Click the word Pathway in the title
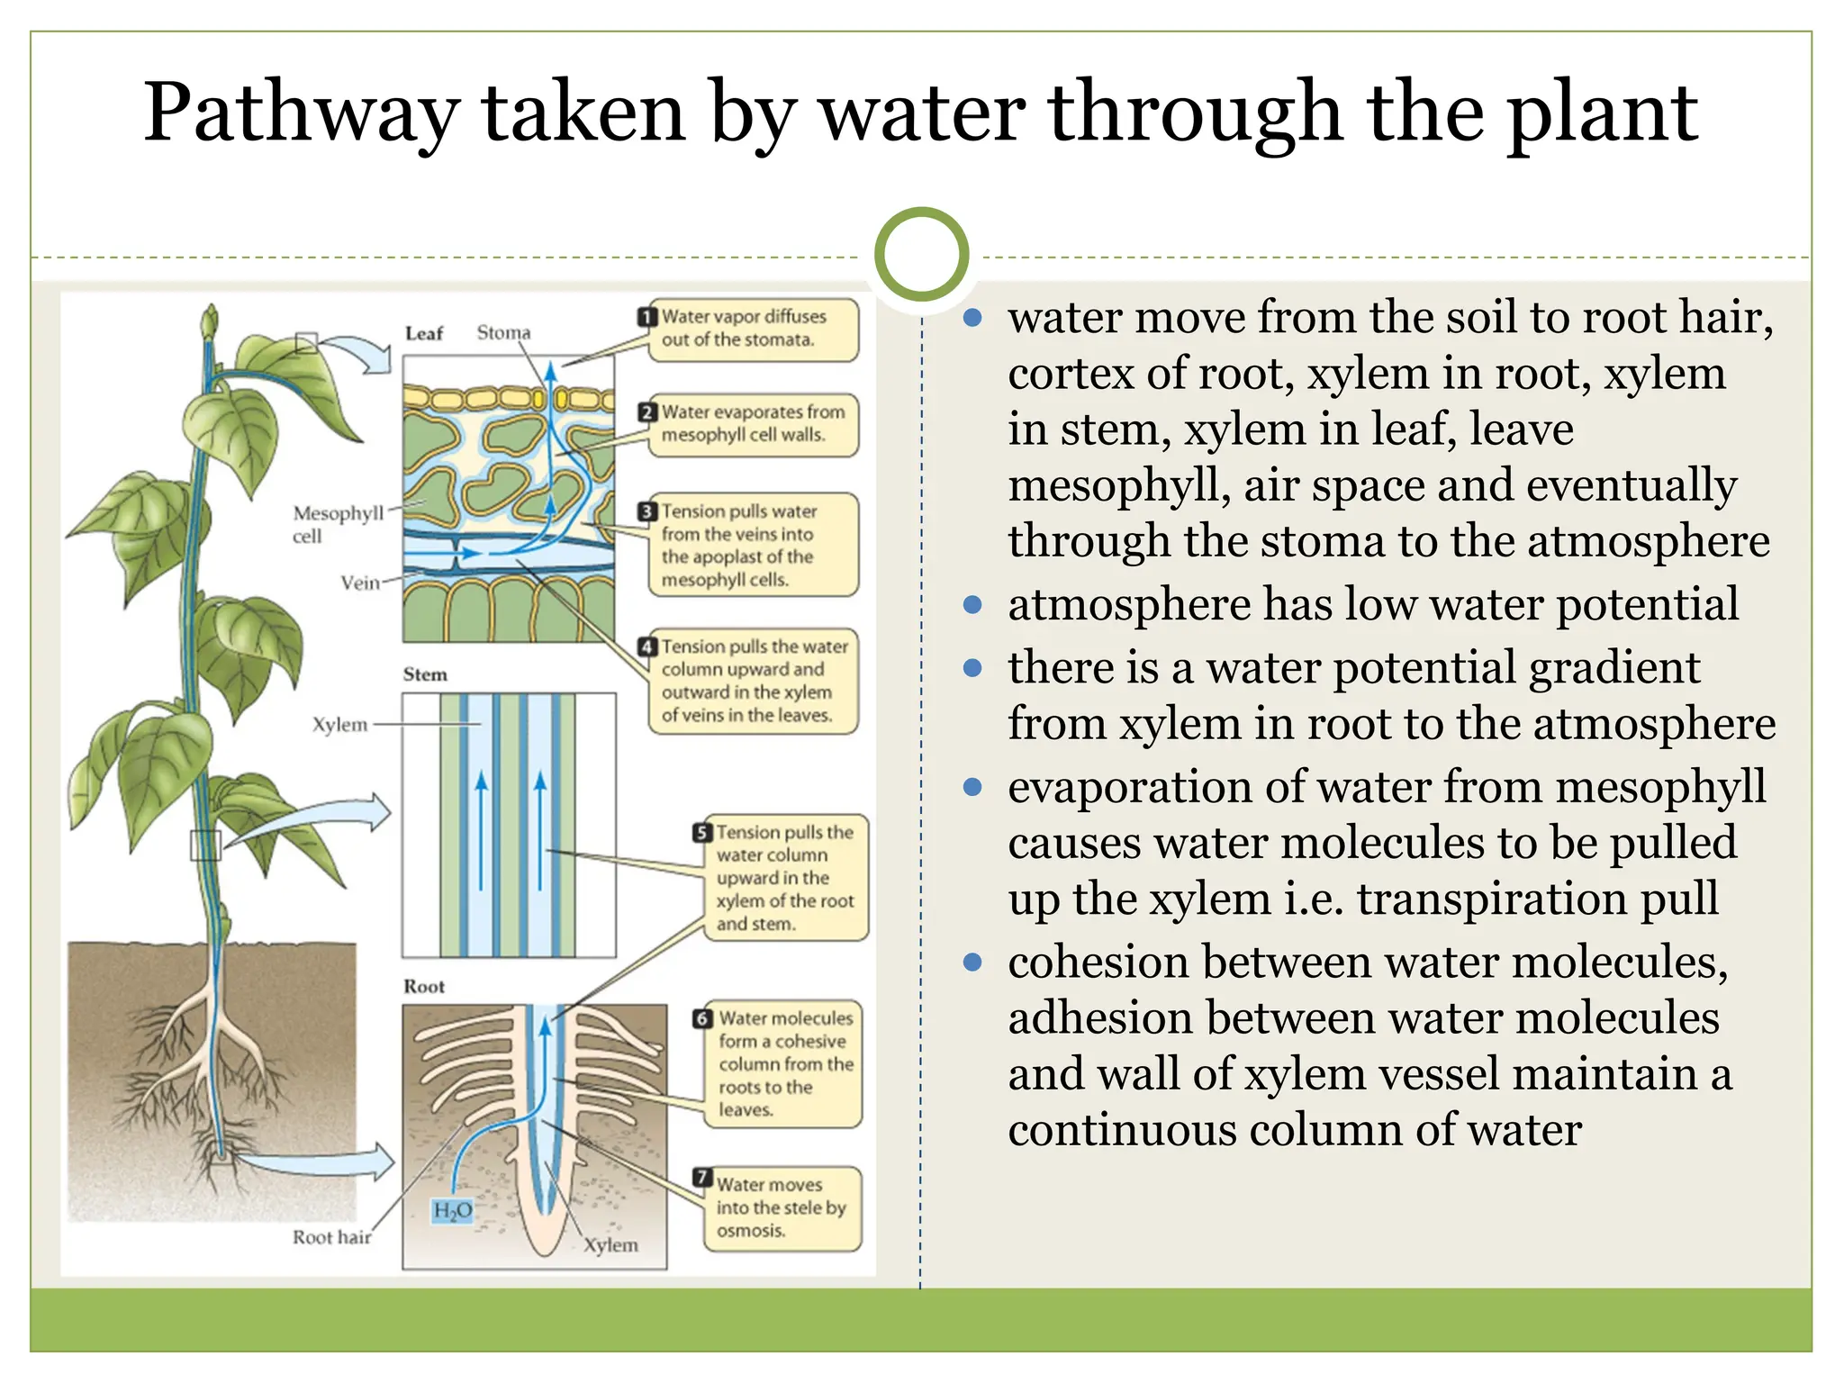coord(301,114)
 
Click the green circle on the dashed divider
coord(921,255)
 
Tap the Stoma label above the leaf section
coord(503,332)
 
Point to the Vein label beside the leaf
coord(360,583)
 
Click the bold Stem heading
coord(425,674)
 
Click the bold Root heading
coord(424,986)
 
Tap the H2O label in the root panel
coord(452,1210)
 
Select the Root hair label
coord(331,1237)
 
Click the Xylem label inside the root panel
coord(610,1245)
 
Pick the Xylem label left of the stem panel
coord(339,725)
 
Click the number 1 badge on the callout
coord(647,317)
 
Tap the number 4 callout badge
coord(647,646)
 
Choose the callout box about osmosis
coord(782,1208)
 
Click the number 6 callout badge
coord(703,1018)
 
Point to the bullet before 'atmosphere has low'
coord(972,605)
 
